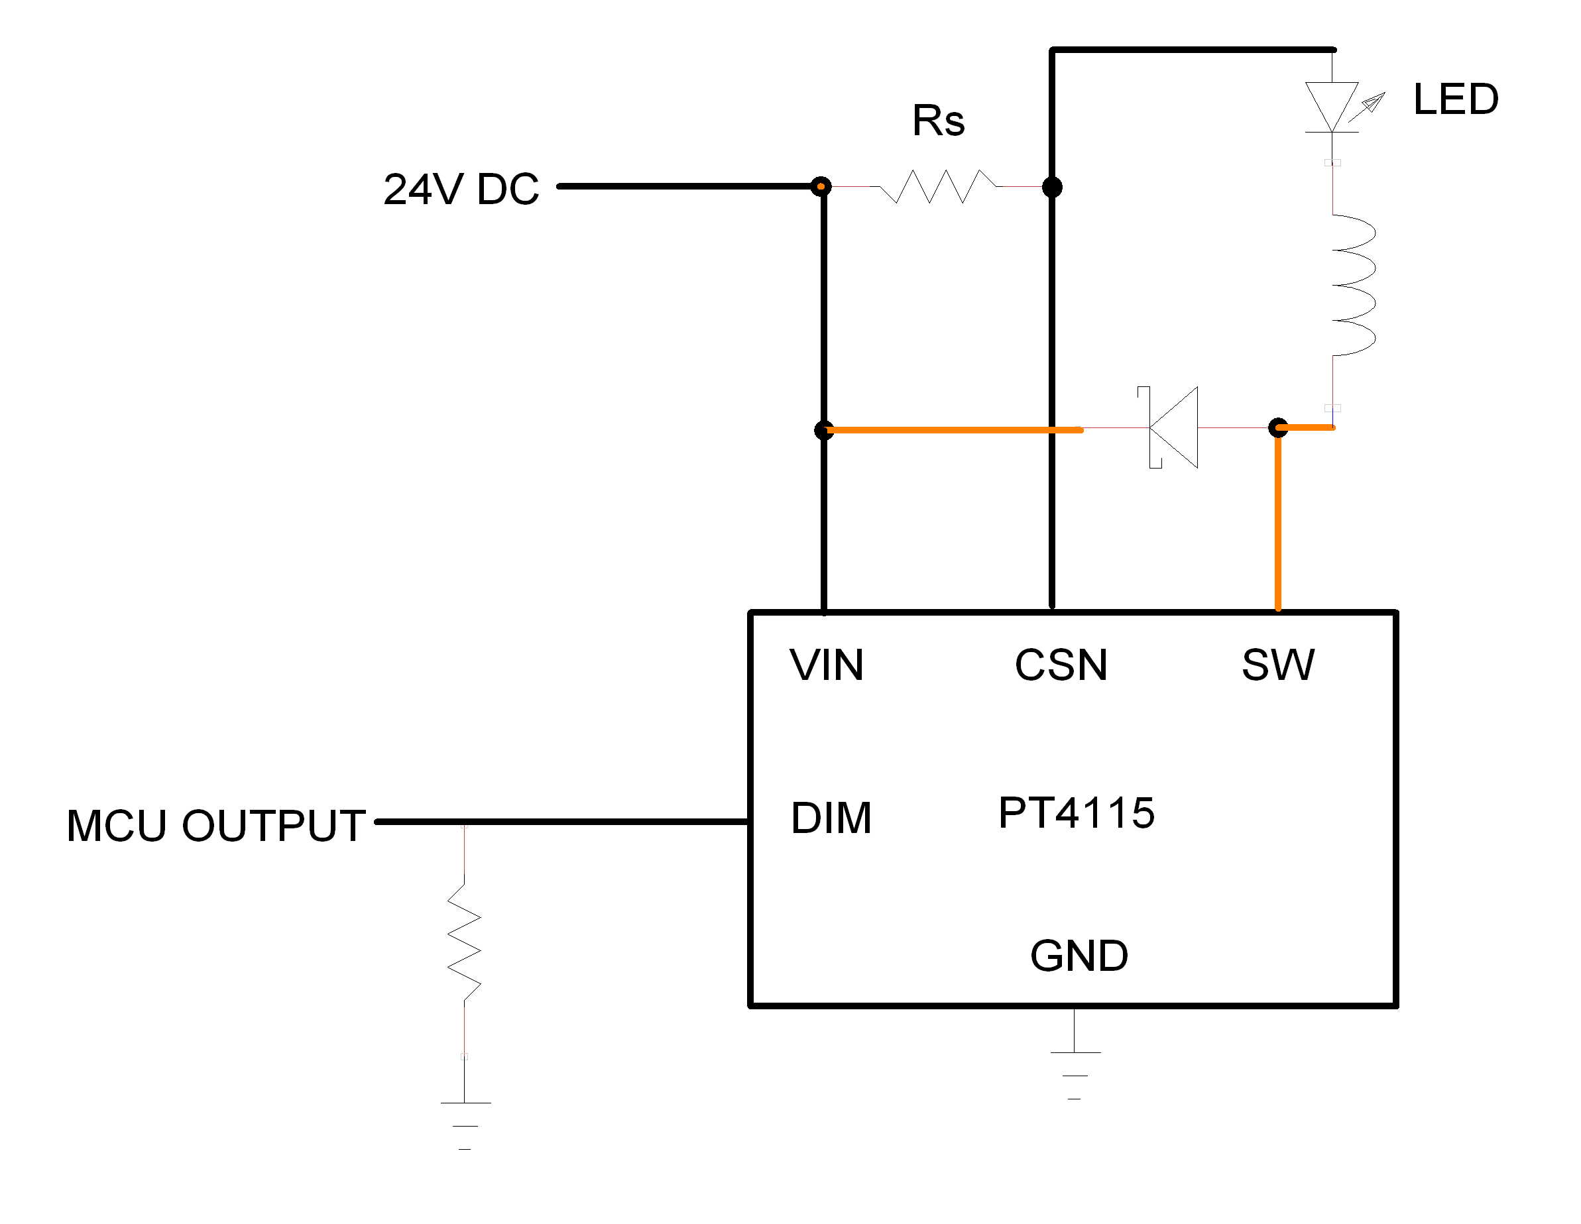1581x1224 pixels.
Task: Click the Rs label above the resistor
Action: [938, 120]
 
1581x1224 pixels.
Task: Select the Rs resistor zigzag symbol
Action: [937, 187]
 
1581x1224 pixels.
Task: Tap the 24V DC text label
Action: [461, 190]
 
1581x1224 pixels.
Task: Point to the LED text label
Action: [1456, 99]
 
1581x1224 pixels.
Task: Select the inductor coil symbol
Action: [1352, 285]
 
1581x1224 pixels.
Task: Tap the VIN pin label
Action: [827, 665]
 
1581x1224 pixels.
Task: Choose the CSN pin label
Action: [1061, 665]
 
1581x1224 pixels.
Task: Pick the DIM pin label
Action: [831, 818]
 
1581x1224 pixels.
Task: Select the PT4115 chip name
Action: [1077, 812]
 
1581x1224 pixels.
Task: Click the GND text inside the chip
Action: [1079, 956]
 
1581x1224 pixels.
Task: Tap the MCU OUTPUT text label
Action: [215, 825]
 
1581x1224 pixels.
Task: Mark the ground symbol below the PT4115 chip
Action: [1075, 1074]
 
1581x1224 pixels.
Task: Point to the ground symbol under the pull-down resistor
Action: [465, 1125]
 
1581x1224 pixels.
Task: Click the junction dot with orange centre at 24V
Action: [820, 187]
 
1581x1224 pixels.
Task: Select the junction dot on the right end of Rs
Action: [1052, 188]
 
